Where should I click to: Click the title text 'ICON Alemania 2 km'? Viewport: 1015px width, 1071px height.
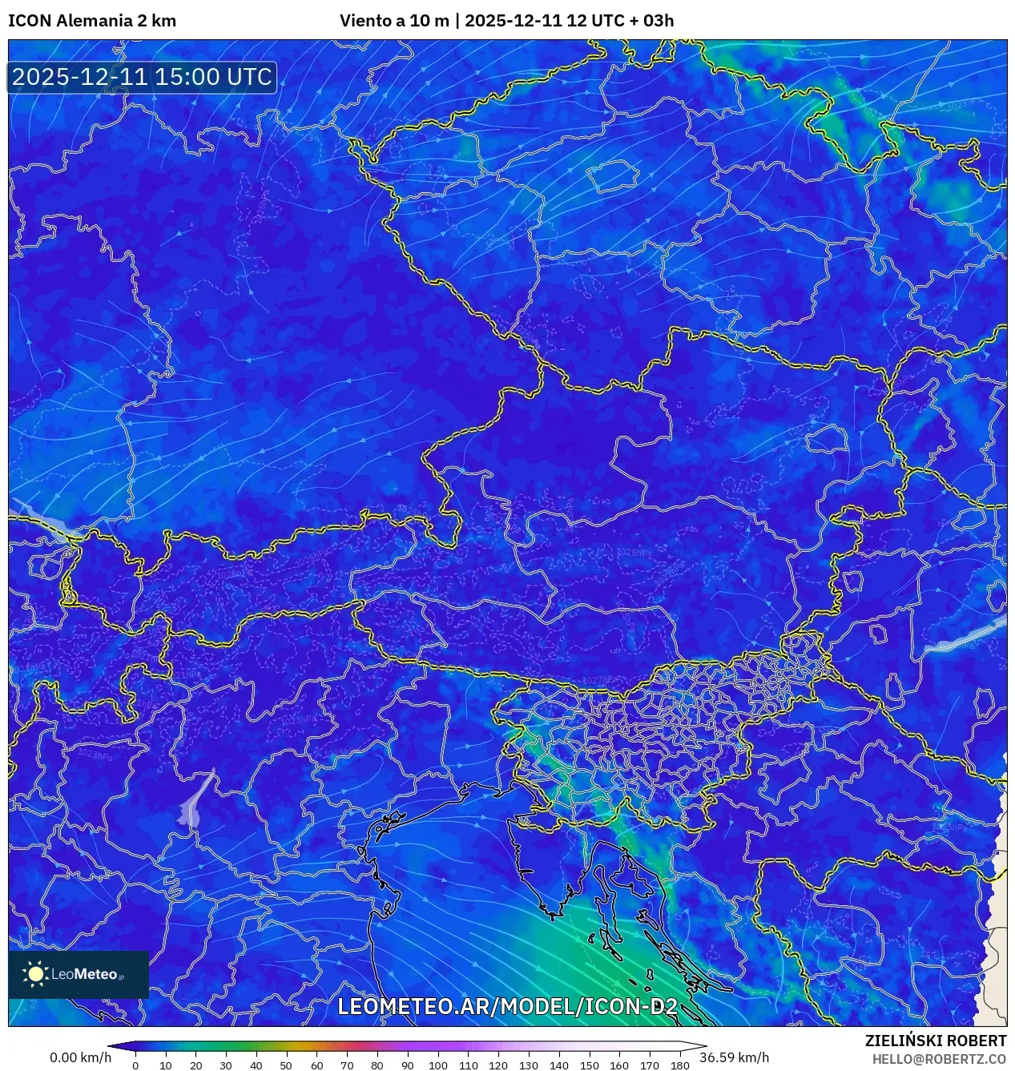tap(92, 21)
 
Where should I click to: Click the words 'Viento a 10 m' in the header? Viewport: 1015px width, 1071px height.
tap(394, 21)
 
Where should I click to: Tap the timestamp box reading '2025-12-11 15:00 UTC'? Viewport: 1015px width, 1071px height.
tap(143, 77)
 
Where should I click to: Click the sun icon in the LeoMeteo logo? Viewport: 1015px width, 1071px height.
tap(35, 974)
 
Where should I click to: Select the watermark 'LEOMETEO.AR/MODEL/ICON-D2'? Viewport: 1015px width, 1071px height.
tap(508, 1007)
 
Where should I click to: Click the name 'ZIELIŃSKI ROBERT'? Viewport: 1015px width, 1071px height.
tap(935, 1041)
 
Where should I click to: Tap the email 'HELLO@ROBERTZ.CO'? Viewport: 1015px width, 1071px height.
tap(939, 1059)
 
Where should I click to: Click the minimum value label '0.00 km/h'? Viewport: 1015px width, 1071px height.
tap(80, 1057)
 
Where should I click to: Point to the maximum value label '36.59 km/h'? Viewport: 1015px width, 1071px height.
tap(734, 1057)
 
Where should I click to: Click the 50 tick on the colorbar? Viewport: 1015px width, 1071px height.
tap(287, 1065)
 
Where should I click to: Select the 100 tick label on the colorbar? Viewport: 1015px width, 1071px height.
tap(437, 1065)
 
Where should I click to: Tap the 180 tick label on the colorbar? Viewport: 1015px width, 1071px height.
tap(679, 1065)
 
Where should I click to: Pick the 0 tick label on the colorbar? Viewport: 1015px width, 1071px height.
tap(135, 1065)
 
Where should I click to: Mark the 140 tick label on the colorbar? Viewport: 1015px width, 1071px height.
tap(558, 1065)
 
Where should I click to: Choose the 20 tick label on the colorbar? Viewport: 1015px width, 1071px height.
tap(195, 1065)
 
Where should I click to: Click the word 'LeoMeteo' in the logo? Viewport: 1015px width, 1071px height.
tap(85, 975)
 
